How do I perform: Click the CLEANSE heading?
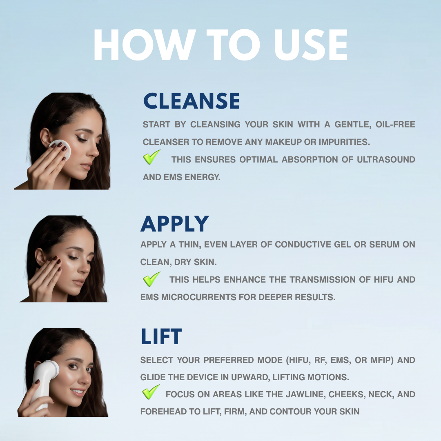coord(191,101)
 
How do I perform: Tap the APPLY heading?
coord(175,224)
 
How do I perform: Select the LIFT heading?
coord(161,336)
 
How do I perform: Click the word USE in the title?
coord(310,45)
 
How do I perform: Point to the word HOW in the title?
coord(145,45)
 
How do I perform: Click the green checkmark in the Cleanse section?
coord(152,157)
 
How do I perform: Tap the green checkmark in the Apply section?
coord(152,279)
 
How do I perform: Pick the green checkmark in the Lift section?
coord(151,392)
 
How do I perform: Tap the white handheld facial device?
coord(44,383)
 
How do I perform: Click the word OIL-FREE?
coord(395,124)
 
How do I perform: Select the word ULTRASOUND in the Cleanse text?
coord(386,160)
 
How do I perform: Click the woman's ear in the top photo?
coord(45,137)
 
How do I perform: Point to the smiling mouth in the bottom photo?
coord(77,392)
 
